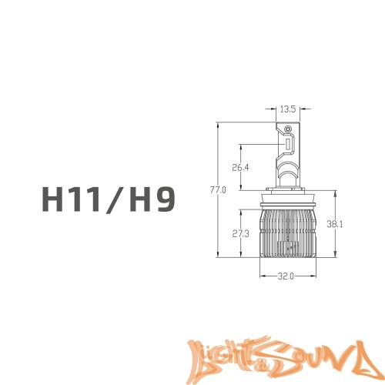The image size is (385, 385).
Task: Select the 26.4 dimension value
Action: (x=241, y=167)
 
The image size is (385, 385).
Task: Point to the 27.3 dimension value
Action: (x=241, y=233)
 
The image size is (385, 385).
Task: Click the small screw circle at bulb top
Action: (x=289, y=129)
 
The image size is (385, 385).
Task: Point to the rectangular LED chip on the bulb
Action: (x=288, y=145)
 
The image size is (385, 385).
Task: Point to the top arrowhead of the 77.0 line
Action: (x=219, y=124)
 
